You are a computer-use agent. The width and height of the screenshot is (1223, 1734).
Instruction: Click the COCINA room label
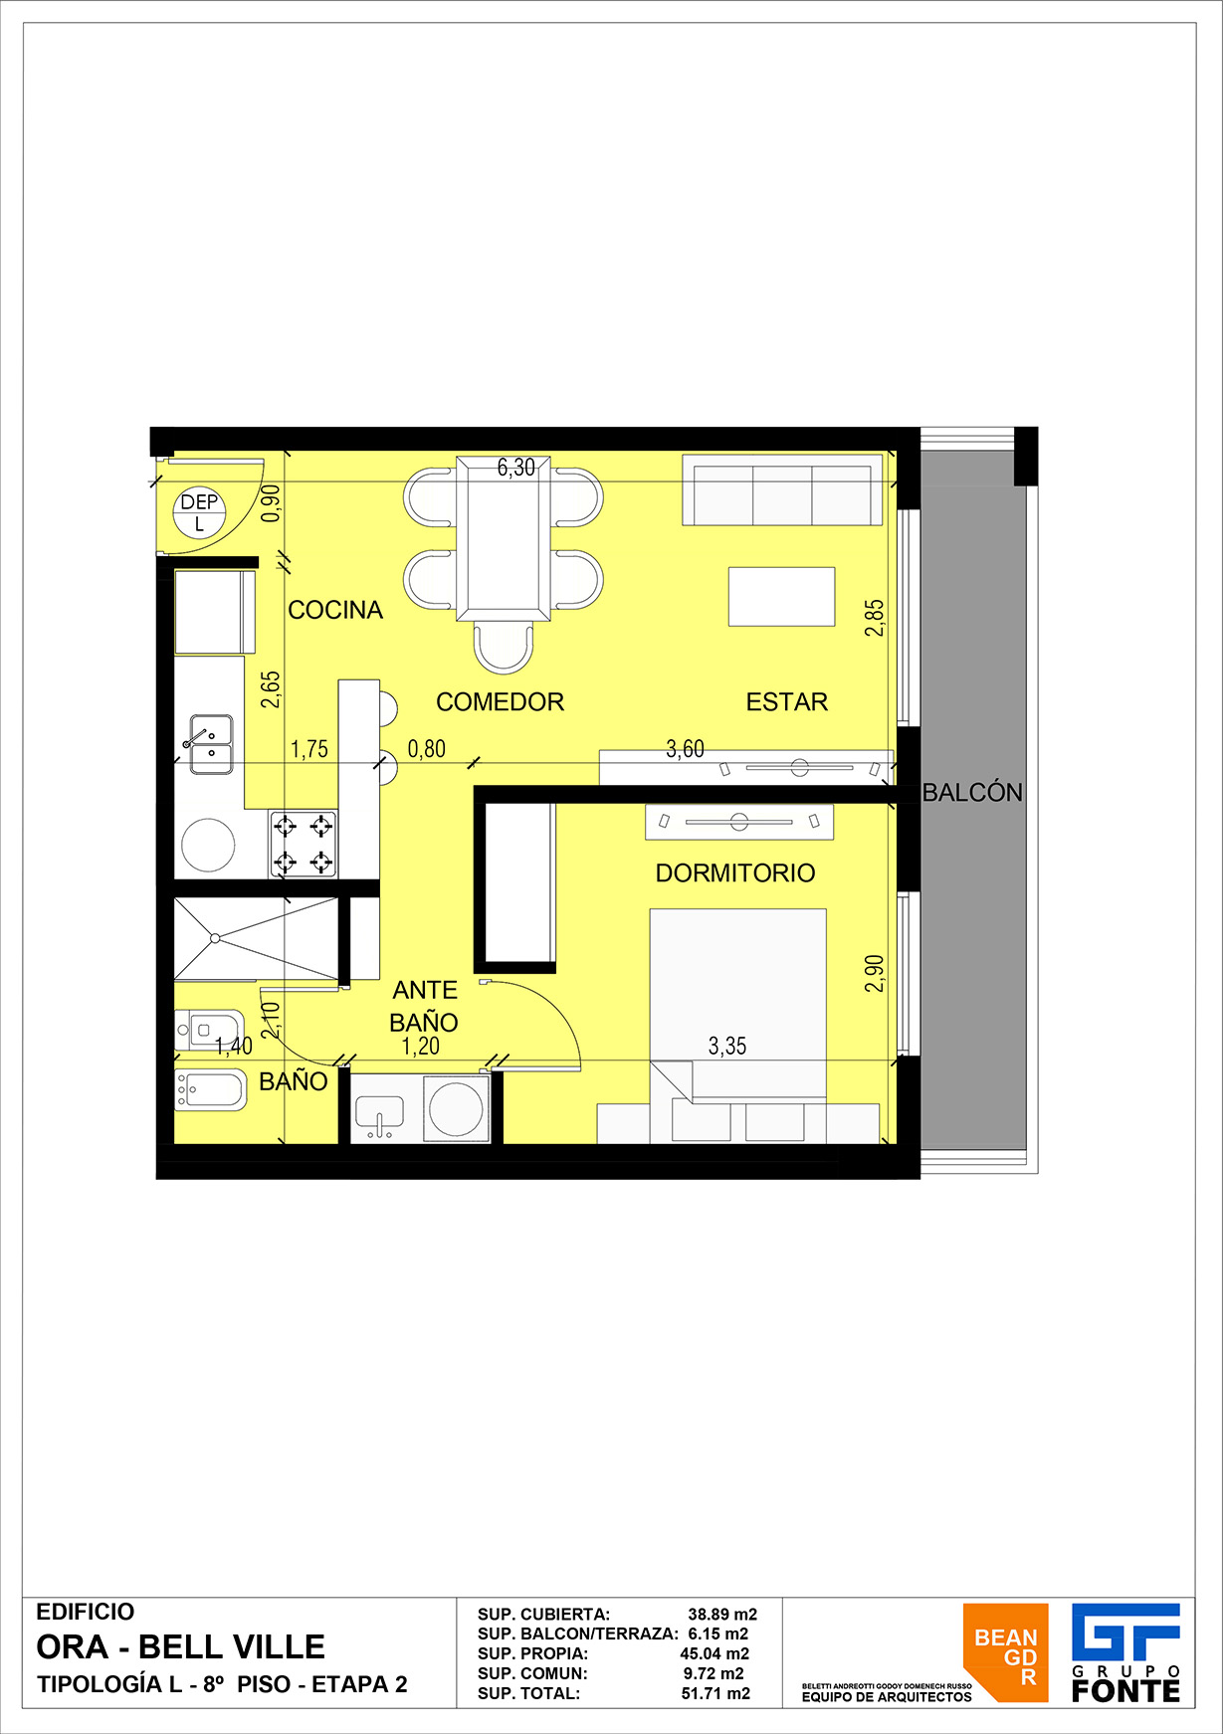pos(335,610)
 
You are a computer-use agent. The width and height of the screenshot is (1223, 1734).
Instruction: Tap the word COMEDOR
pos(500,702)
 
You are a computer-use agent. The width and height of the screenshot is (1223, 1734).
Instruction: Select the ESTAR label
pos(787,702)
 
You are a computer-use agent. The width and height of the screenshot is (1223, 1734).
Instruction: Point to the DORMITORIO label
pos(735,873)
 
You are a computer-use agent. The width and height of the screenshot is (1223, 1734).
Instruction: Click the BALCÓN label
pos(972,792)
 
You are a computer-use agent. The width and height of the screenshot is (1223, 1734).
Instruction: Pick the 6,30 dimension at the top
pos(516,468)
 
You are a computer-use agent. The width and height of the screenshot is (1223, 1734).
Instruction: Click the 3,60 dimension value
pos(685,749)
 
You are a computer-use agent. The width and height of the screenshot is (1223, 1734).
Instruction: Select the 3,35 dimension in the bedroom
pos(727,1046)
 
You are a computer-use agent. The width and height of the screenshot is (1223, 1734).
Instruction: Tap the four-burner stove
pos(303,844)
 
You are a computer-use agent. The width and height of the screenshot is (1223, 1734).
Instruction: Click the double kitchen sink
pos(211,744)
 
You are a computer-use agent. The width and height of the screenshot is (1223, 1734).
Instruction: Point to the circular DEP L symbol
pos(199,511)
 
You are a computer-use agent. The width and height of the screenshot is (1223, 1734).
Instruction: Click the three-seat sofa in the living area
pos(782,490)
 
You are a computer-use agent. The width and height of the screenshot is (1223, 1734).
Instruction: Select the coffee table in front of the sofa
pos(781,596)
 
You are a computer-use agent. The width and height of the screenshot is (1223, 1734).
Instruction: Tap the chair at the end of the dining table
pos(503,647)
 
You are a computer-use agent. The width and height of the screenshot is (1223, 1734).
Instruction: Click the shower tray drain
pos(215,937)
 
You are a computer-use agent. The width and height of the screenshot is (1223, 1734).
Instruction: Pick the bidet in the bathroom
pos(210,1090)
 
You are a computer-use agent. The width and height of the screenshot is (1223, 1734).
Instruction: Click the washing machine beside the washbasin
pos(457,1107)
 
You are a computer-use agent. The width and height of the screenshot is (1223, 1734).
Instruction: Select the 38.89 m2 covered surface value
pos(722,1614)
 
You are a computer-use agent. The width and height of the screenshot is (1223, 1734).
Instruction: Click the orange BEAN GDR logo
pos(1005,1652)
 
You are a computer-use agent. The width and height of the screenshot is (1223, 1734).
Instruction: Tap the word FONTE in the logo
pos(1126,1690)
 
